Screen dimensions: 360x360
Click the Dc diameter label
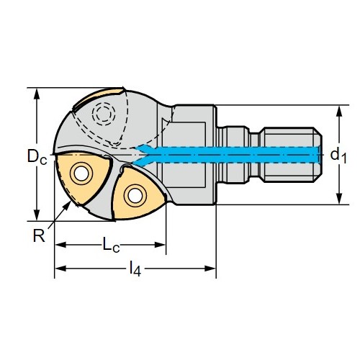37,156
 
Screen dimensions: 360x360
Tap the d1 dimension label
338,156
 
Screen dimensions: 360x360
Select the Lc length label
111,244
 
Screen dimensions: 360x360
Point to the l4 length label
135,269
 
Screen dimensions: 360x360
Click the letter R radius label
39,235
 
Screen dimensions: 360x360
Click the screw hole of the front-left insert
81,174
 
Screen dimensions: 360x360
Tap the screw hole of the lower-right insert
135,196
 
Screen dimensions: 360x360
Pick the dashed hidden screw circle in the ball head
104,114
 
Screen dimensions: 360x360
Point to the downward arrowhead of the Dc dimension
37,215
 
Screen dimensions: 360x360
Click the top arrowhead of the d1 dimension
338,111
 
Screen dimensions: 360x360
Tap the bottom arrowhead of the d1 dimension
338,199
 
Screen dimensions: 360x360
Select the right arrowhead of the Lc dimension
160,245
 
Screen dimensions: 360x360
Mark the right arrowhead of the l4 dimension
210,269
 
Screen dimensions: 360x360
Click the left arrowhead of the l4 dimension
60,269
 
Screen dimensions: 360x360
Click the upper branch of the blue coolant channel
143,148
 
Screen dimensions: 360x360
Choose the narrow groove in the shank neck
254,155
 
